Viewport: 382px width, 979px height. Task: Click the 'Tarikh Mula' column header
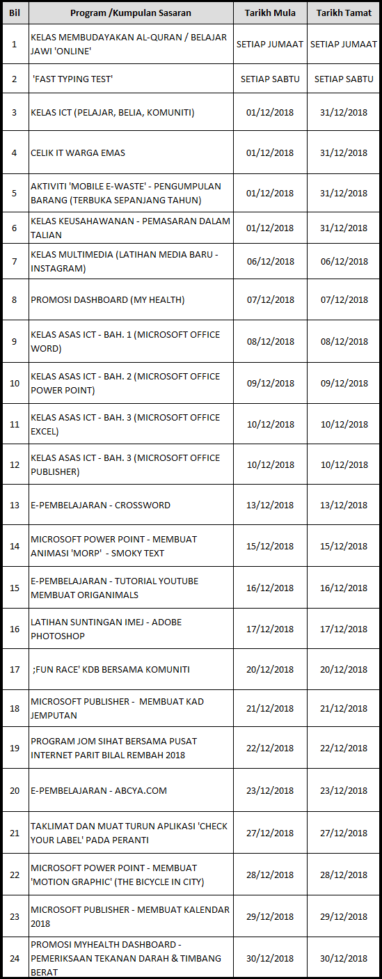[x=270, y=13]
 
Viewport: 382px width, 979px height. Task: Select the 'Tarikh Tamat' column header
[x=344, y=13]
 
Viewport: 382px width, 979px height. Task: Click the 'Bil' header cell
[x=15, y=13]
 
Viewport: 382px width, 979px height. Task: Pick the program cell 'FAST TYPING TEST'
[x=72, y=79]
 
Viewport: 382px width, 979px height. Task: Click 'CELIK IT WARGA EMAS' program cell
[x=78, y=152]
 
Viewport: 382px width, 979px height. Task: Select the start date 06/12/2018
[x=270, y=262]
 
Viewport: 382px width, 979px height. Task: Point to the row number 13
[x=15, y=505]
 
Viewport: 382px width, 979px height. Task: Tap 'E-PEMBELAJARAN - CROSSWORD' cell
[x=100, y=505]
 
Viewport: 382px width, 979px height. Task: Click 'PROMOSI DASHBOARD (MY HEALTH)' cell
[x=107, y=300]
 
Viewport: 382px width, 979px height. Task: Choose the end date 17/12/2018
[x=344, y=629]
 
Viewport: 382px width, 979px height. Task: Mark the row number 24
[x=15, y=958]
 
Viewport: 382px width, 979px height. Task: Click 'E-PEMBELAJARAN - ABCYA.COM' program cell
[x=99, y=791]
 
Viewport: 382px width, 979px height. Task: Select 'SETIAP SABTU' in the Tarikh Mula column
[x=270, y=79]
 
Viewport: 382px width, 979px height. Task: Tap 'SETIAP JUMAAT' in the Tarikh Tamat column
[x=344, y=44]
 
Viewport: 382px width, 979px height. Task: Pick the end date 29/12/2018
[x=344, y=916]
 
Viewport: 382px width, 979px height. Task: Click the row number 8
[x=15, y=300]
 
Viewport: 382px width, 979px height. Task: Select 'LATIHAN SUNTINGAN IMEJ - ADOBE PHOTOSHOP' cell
[x=106, y=629]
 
